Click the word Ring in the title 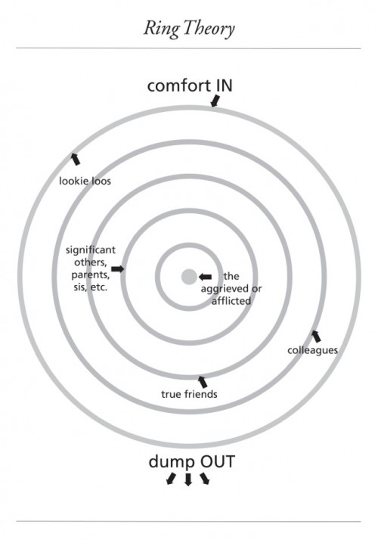pyautogui.click(x=161, y=29)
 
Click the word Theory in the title pyautogui.click(x=209, y=29)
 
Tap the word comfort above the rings pyautogui.click(x=179, y=86)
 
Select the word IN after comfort pyautogui.click(x=224, y=85)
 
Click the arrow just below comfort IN pyautogui.click(x=215, y=101)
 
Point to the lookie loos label pyautogui.click(x=85, y=181)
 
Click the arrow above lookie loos pyautogui.click(x=75, y=159)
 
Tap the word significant pyautogui.click(x=91, y=250)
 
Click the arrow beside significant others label pyautogui.click(x=118, y=268)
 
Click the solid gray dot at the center pyautogui.click(x=189, y=277)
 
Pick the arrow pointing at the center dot pyautogui.click(x=205, y=277)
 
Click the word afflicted pyautogui.click(x=231, y=301)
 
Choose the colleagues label pyautogui.click(x=312, y=350)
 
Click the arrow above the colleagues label pyautogui.click(x=316, y=336)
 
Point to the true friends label pyautogui.click(x=189, y=394)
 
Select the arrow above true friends pyautogui.click(x=203, y=382)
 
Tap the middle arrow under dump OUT pyautogui.click(x=188, y=479)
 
